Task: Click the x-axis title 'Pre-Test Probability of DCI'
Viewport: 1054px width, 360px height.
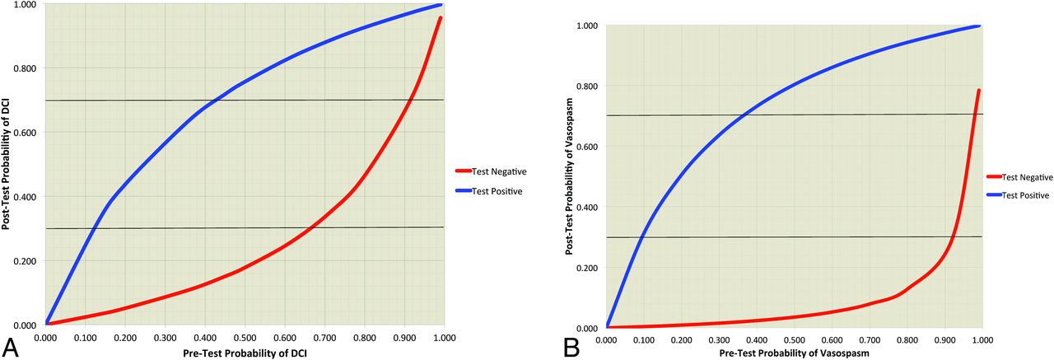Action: (x=245, y=353)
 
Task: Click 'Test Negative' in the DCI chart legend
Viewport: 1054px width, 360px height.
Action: (x=499, y=171)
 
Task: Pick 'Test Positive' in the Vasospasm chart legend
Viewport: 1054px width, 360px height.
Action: (x=1021, y=195)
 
